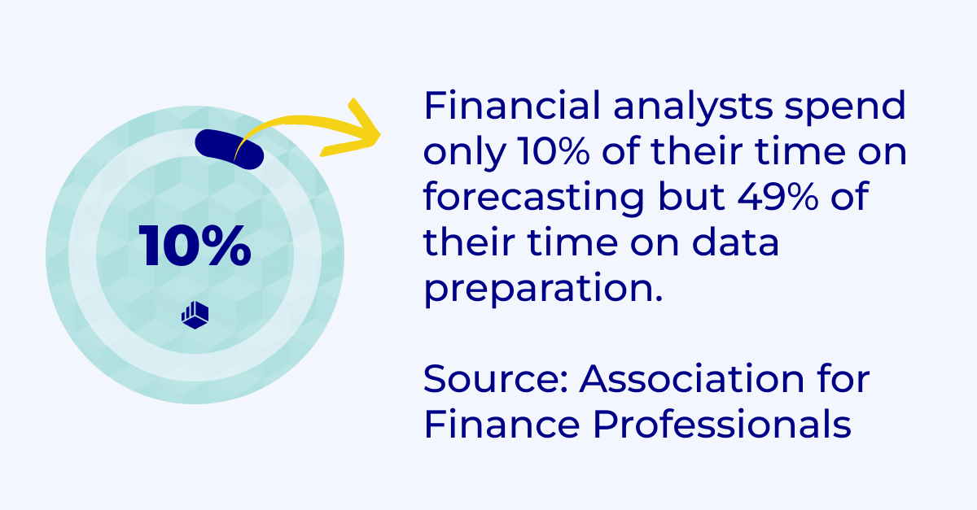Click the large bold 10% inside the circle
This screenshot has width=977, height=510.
195,246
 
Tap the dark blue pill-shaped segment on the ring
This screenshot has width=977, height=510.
228,149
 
